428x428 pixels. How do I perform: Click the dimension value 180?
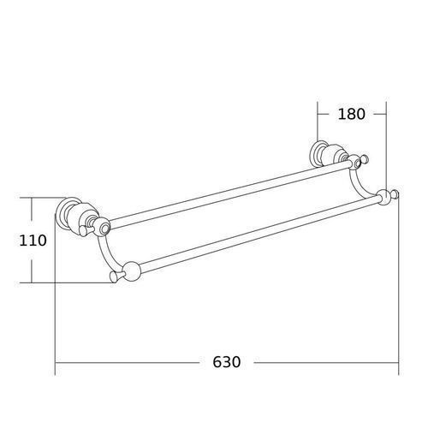tap(351, 114)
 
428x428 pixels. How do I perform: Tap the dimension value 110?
tap(33, 241)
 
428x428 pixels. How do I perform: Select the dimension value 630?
tap(227, 362)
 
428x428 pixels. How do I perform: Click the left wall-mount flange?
tap(63, 212)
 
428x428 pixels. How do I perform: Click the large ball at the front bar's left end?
tap(131, 270)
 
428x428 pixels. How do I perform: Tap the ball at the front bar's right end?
tap(382, 197)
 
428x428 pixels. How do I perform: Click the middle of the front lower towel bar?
tap(259, 232)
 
